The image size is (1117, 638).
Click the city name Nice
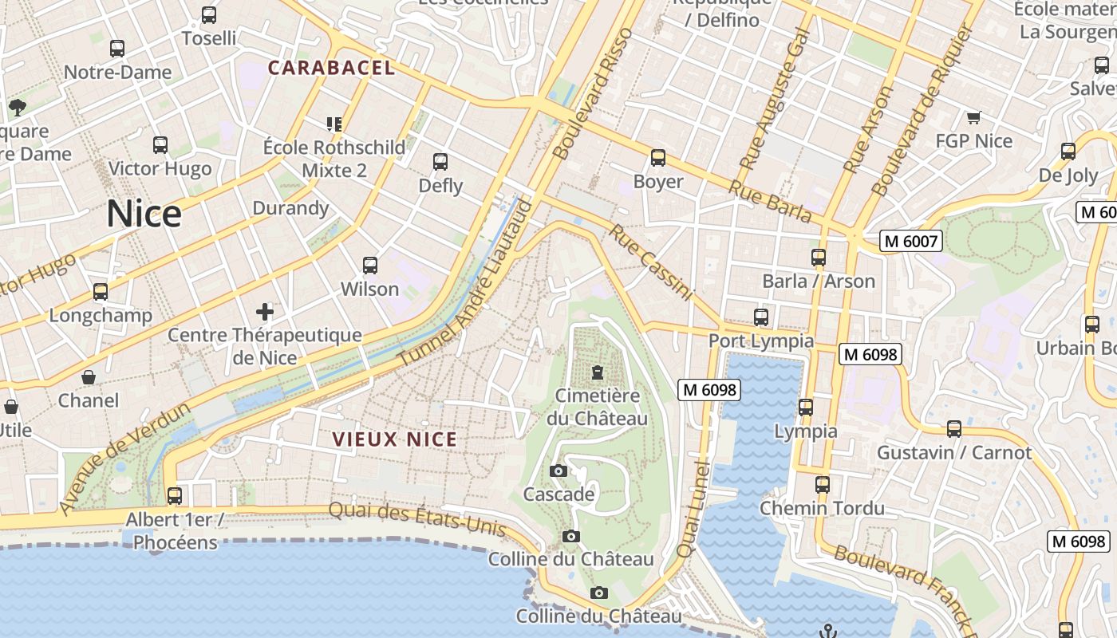[x=144, y=214]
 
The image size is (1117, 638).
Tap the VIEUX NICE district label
[x=395, y=439]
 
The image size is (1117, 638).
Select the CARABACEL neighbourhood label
[x=331, y=68]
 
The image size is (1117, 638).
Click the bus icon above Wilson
[x=369, y=266]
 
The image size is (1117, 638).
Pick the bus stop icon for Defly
[x=440, y=162]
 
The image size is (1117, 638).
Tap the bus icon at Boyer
[x=657, y=158]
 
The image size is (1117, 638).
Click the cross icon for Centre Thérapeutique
[x=264, y=311]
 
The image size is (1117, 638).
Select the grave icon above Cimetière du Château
[x=597, y=372]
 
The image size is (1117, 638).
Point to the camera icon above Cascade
[x=558, y=471]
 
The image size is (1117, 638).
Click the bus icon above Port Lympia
[x=760, y=317]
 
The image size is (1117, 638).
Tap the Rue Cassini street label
[x=651, y=262]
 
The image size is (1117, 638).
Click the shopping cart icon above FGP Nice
[x=973, y=118]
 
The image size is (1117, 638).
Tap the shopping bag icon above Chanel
[x=89, y=376]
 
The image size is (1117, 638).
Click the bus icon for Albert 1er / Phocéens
[x=174, y=496]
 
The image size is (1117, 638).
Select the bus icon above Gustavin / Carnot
[x=953, y=429]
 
